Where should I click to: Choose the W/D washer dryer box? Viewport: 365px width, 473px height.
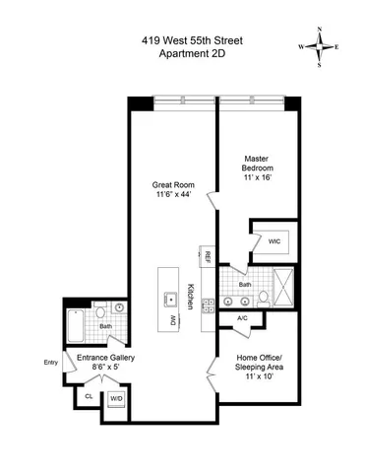point(116,398)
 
